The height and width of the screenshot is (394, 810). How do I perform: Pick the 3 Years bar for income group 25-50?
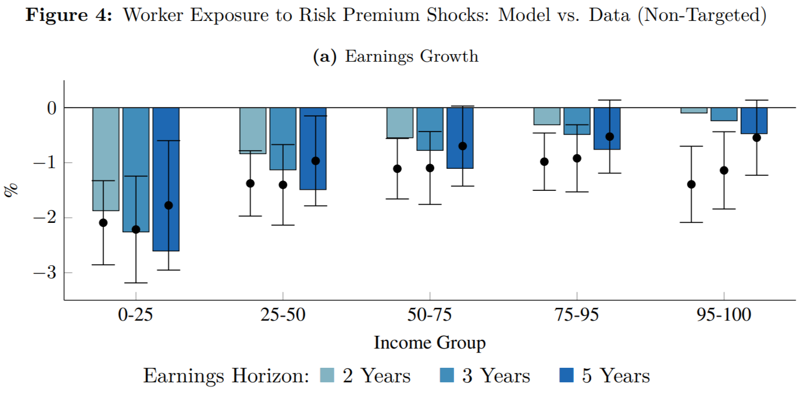click(x=283, y=139)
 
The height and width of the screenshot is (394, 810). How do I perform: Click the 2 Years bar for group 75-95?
click(x=547, y=116)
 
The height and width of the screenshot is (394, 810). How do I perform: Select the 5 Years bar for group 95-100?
click(x=754, y=120)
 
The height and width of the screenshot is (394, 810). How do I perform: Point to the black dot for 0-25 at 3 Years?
click(x=136, y=229)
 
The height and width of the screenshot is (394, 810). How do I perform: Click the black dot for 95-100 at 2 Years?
click(x=691, y=184)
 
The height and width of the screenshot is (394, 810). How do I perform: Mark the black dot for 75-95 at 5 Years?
click(x=609, y=137)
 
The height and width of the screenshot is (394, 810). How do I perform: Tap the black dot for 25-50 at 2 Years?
click(x=251, y=183)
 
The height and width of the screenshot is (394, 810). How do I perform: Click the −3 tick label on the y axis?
click(x=44, y=273)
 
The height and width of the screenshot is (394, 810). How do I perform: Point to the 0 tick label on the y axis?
click(x=52, y=108)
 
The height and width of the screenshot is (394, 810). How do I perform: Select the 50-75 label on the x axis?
click(x=429, y=315)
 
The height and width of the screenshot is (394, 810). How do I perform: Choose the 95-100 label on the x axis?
click(x=723, y=315)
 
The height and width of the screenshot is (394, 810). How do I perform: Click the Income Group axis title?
click(x=429, y=343)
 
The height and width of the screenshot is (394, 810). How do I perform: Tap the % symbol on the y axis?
click(x=12, y=190)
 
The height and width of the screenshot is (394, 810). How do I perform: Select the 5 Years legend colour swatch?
click(x=566, y=376)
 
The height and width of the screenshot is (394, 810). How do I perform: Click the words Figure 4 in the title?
click(x=70, y=15)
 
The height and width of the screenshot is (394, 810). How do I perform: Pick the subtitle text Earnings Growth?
click(x=411, y=56)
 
